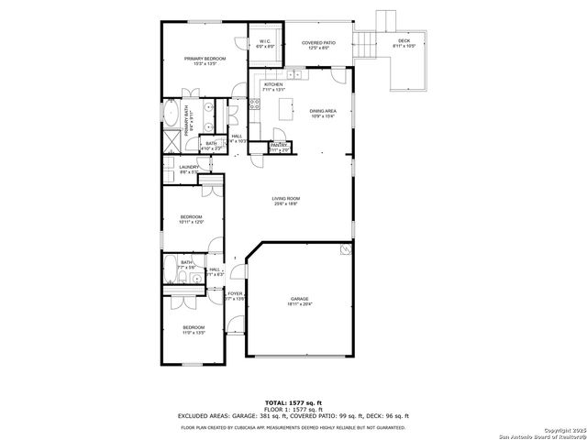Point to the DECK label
click(x=404, y=40)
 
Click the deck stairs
click(x=369, y=42)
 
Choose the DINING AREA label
click(x=321, y=111)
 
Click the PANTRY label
click(x=280, y=145)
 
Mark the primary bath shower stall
click(x=172, y=141)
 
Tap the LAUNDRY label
click(x=190, y=167)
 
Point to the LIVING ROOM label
click(x=286, y=199)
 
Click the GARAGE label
click(x=300, y=300)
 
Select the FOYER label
click(x=235, y=294)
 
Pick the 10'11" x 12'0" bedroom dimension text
click(x=191, y=222)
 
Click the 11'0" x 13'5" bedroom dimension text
click(x=193, y=332)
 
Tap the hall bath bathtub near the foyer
click(x=172, y=271)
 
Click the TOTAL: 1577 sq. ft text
click(x=293, y=402)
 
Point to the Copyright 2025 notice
click(x=550, y=430)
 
